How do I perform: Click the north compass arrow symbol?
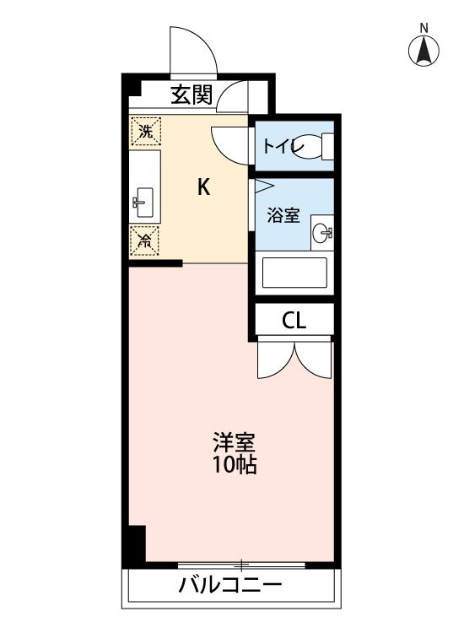(x=424, y=51)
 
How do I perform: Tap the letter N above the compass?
(x=424, y=27)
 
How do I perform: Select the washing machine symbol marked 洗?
(x=145, y=131)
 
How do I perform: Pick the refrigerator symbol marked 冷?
(x=144, y=241)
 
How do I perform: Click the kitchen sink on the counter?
(x=142, y=201)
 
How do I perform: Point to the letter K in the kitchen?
(x=203, y=187)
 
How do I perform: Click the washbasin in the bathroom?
(x=321, y=230)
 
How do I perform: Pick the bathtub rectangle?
(x=294, y=273)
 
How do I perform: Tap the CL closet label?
(x=294, y=321)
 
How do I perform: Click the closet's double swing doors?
(x=294, y=359)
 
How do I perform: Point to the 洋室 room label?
(x=234, y=442)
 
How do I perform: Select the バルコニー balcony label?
(x=230, y=586)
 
